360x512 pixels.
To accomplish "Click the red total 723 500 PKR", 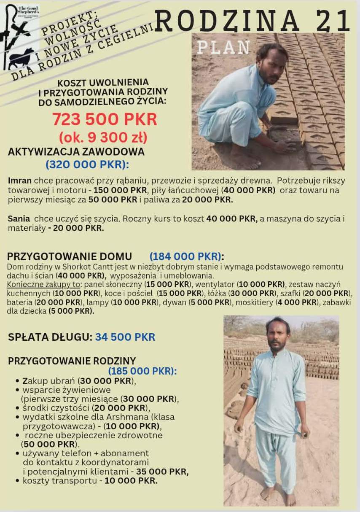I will point(105,120).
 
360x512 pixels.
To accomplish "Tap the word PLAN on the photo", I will point(223,48).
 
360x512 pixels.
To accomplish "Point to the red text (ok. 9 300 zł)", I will point(103,137).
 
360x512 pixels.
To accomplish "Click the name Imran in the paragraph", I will point(19,181).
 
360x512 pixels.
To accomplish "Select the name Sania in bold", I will point(19,218).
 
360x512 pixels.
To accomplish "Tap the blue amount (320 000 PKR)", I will point(87,164).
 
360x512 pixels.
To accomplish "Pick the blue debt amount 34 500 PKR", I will point(125,337).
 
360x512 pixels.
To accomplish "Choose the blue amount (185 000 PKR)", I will point(142,371).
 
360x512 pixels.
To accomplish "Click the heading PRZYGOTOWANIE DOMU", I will point(70,256).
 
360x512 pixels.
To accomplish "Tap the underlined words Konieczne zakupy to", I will point(43,284).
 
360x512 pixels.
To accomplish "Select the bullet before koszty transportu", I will point(17,480).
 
